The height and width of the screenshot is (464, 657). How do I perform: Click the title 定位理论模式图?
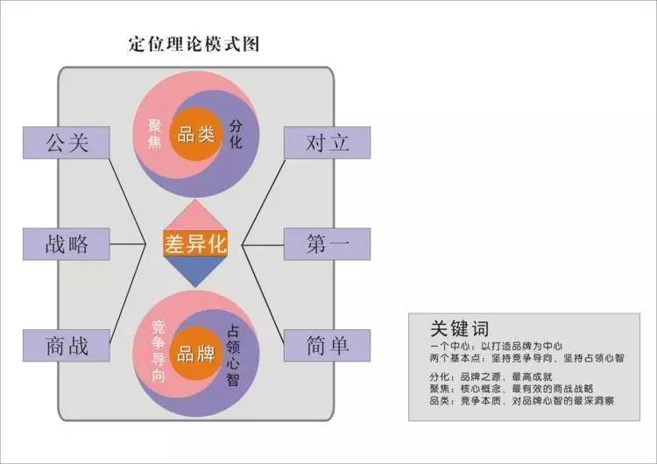pyautogui.click(x=194, y=43)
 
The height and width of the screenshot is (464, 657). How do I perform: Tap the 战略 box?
pyautogui.click(x=67, y=243)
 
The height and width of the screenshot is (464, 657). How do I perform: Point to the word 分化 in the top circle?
pyautogui.click(x=235, y=133)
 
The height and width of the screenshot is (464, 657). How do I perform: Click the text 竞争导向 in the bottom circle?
pyautogui.click(x=158, y=351)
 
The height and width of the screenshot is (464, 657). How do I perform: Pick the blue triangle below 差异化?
pyautogui.click(x=194, y=271)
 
